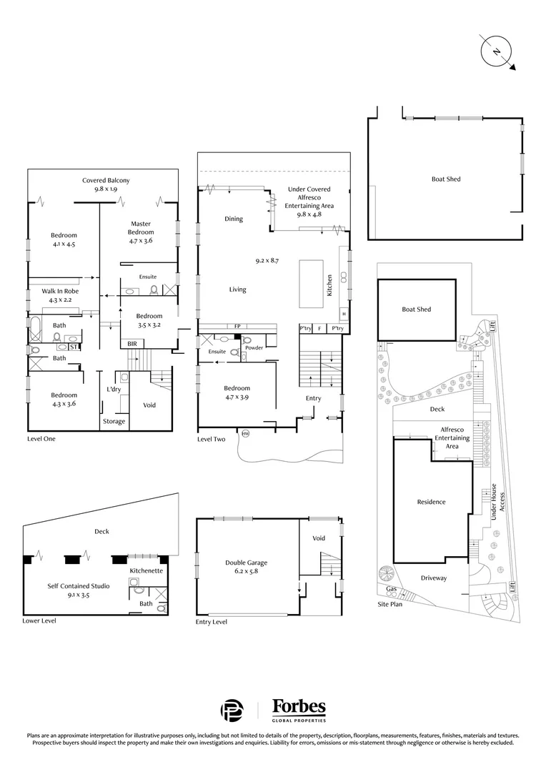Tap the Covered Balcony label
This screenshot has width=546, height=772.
106,181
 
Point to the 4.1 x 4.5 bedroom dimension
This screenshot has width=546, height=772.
64,243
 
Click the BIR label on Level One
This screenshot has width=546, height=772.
132,344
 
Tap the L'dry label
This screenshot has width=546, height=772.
113,389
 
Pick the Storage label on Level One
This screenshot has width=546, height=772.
114,422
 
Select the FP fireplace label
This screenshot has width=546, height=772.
237,327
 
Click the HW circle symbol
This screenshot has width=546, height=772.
246,433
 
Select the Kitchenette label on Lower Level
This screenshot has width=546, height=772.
147,571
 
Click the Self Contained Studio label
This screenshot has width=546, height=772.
79,586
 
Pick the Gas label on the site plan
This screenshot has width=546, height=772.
392,589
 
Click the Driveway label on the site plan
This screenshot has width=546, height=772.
433,578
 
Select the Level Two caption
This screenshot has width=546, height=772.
212,439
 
